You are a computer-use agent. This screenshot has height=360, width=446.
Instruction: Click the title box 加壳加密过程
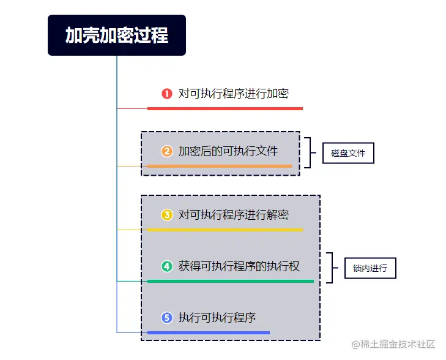click(x=116, y=36)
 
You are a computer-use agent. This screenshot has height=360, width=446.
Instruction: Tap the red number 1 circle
click(x=166, y=94)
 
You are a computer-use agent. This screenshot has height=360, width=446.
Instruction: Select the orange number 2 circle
click(x=166, y=151)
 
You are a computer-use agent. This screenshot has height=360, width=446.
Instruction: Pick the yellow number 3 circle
click(x=166, y=215)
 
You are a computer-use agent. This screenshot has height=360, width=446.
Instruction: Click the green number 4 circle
click(x=166, y=266)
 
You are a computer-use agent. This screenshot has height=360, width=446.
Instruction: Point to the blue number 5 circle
click(x=166, y=318)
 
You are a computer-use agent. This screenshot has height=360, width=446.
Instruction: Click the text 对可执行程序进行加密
click(x=233, y=94)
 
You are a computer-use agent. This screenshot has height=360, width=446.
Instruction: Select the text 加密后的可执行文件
click(x=228, y=151)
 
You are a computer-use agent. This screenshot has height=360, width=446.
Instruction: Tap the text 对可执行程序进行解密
click(x=233, y=215)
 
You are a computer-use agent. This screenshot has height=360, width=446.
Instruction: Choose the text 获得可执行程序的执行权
click(x=239, y=266)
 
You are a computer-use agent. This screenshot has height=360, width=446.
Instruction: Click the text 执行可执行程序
click(x=217, y=318)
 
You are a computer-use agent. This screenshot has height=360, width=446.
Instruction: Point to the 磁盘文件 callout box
click(x=348, y=153)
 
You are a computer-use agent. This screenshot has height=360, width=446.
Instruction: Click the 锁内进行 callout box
click(x=370, y=268)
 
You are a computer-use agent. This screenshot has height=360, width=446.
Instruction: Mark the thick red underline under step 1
click(x=225, y=108)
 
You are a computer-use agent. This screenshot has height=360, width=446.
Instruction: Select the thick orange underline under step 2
click(x=219, y=166)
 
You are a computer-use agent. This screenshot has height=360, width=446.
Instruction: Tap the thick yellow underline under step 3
click(x=225, y=230)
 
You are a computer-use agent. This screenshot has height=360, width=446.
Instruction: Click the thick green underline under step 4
click(x=230, y=281)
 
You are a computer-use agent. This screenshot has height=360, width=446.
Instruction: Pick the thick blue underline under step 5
click(x=208, y=332)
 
